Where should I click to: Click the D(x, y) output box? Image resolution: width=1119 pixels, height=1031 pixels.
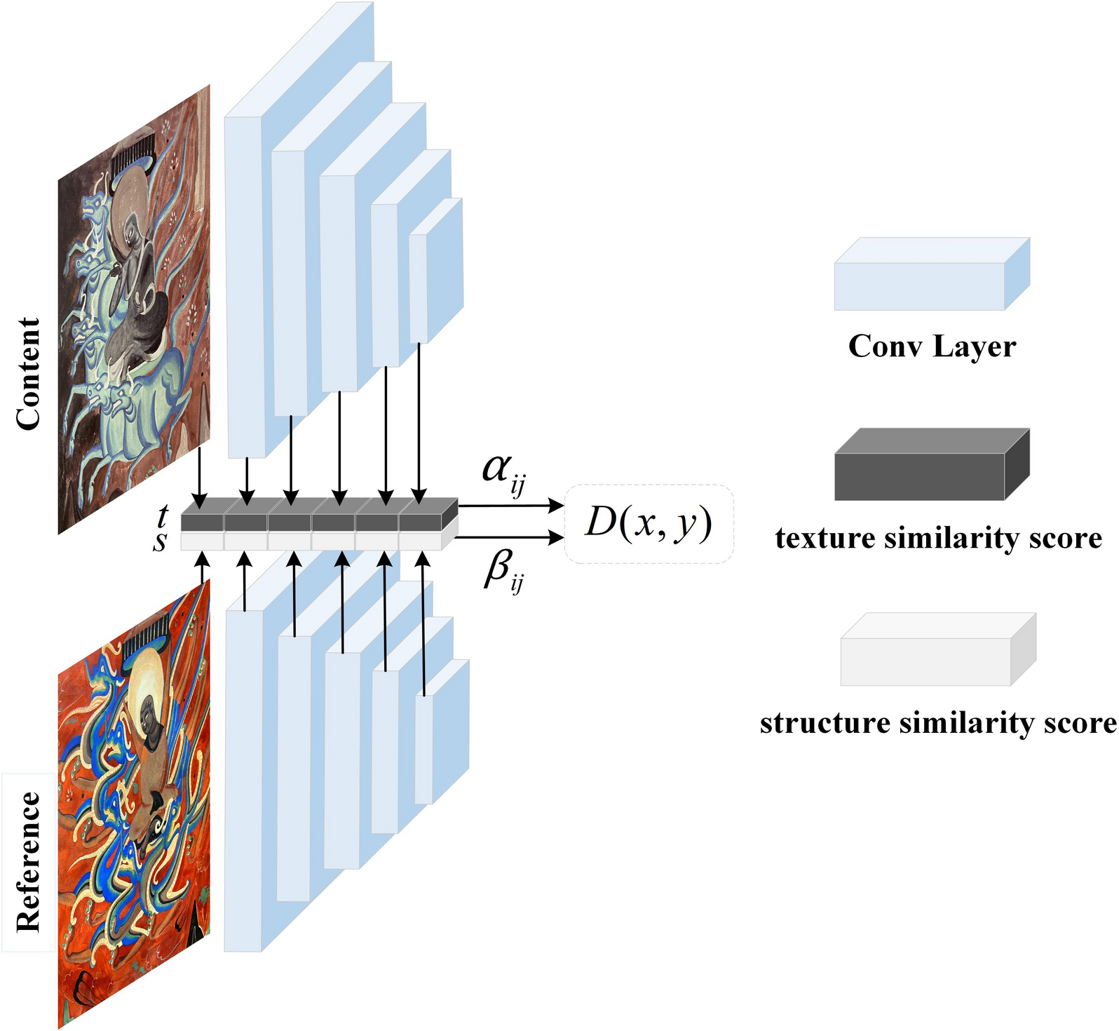point(649,523)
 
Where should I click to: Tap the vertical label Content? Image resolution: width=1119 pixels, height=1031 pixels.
point(28,373)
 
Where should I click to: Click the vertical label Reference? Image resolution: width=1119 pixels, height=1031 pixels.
point(28,862)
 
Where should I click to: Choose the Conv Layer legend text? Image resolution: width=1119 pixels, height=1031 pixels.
point(932,346)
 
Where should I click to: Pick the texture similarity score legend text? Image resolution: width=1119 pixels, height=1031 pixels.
point(938,539)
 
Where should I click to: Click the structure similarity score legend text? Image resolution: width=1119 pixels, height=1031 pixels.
point(938,723)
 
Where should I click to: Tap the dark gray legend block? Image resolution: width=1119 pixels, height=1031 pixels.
point(931,465)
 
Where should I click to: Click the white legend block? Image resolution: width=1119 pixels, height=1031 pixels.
point(937,650)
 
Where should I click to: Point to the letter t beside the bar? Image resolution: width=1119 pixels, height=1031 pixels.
point(163,516)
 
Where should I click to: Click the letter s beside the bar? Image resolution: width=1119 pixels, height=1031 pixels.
point(161,541)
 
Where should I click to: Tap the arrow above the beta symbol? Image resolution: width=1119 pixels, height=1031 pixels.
point(510,538)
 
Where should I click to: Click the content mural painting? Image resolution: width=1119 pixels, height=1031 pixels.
point(134,309)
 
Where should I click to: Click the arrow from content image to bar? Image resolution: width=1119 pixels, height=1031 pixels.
point(200,478)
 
